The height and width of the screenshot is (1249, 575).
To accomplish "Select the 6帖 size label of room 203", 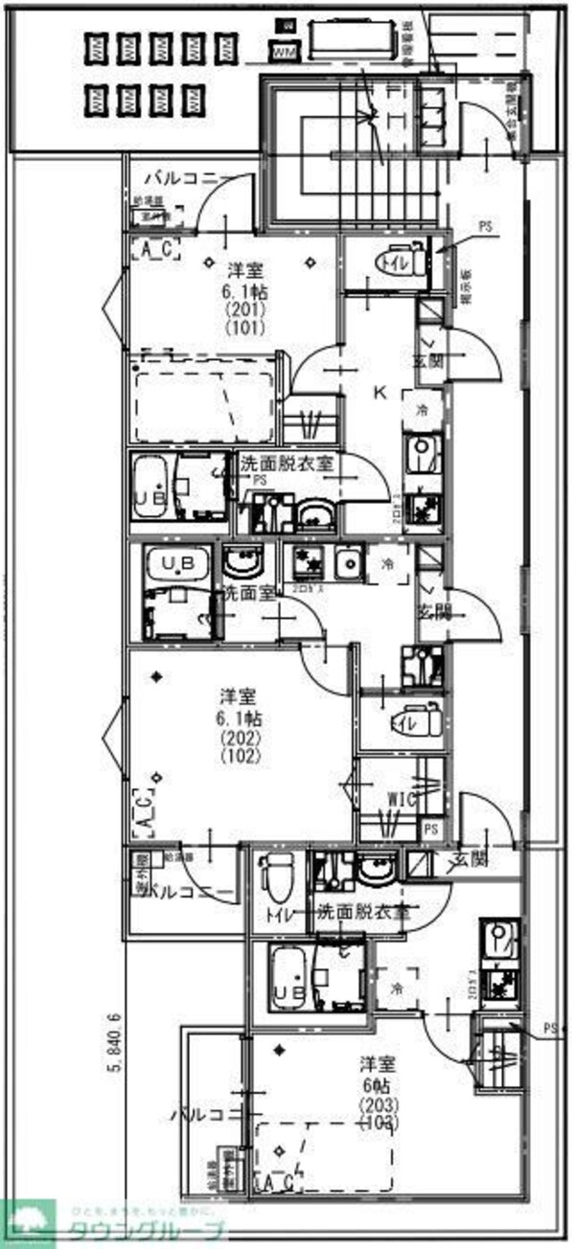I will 375,1085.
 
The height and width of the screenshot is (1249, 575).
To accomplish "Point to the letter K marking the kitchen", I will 379,392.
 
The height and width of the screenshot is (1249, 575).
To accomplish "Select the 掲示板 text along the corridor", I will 464,286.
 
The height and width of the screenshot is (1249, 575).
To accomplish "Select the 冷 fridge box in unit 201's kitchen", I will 423,410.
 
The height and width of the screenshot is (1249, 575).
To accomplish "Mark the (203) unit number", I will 375,1103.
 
